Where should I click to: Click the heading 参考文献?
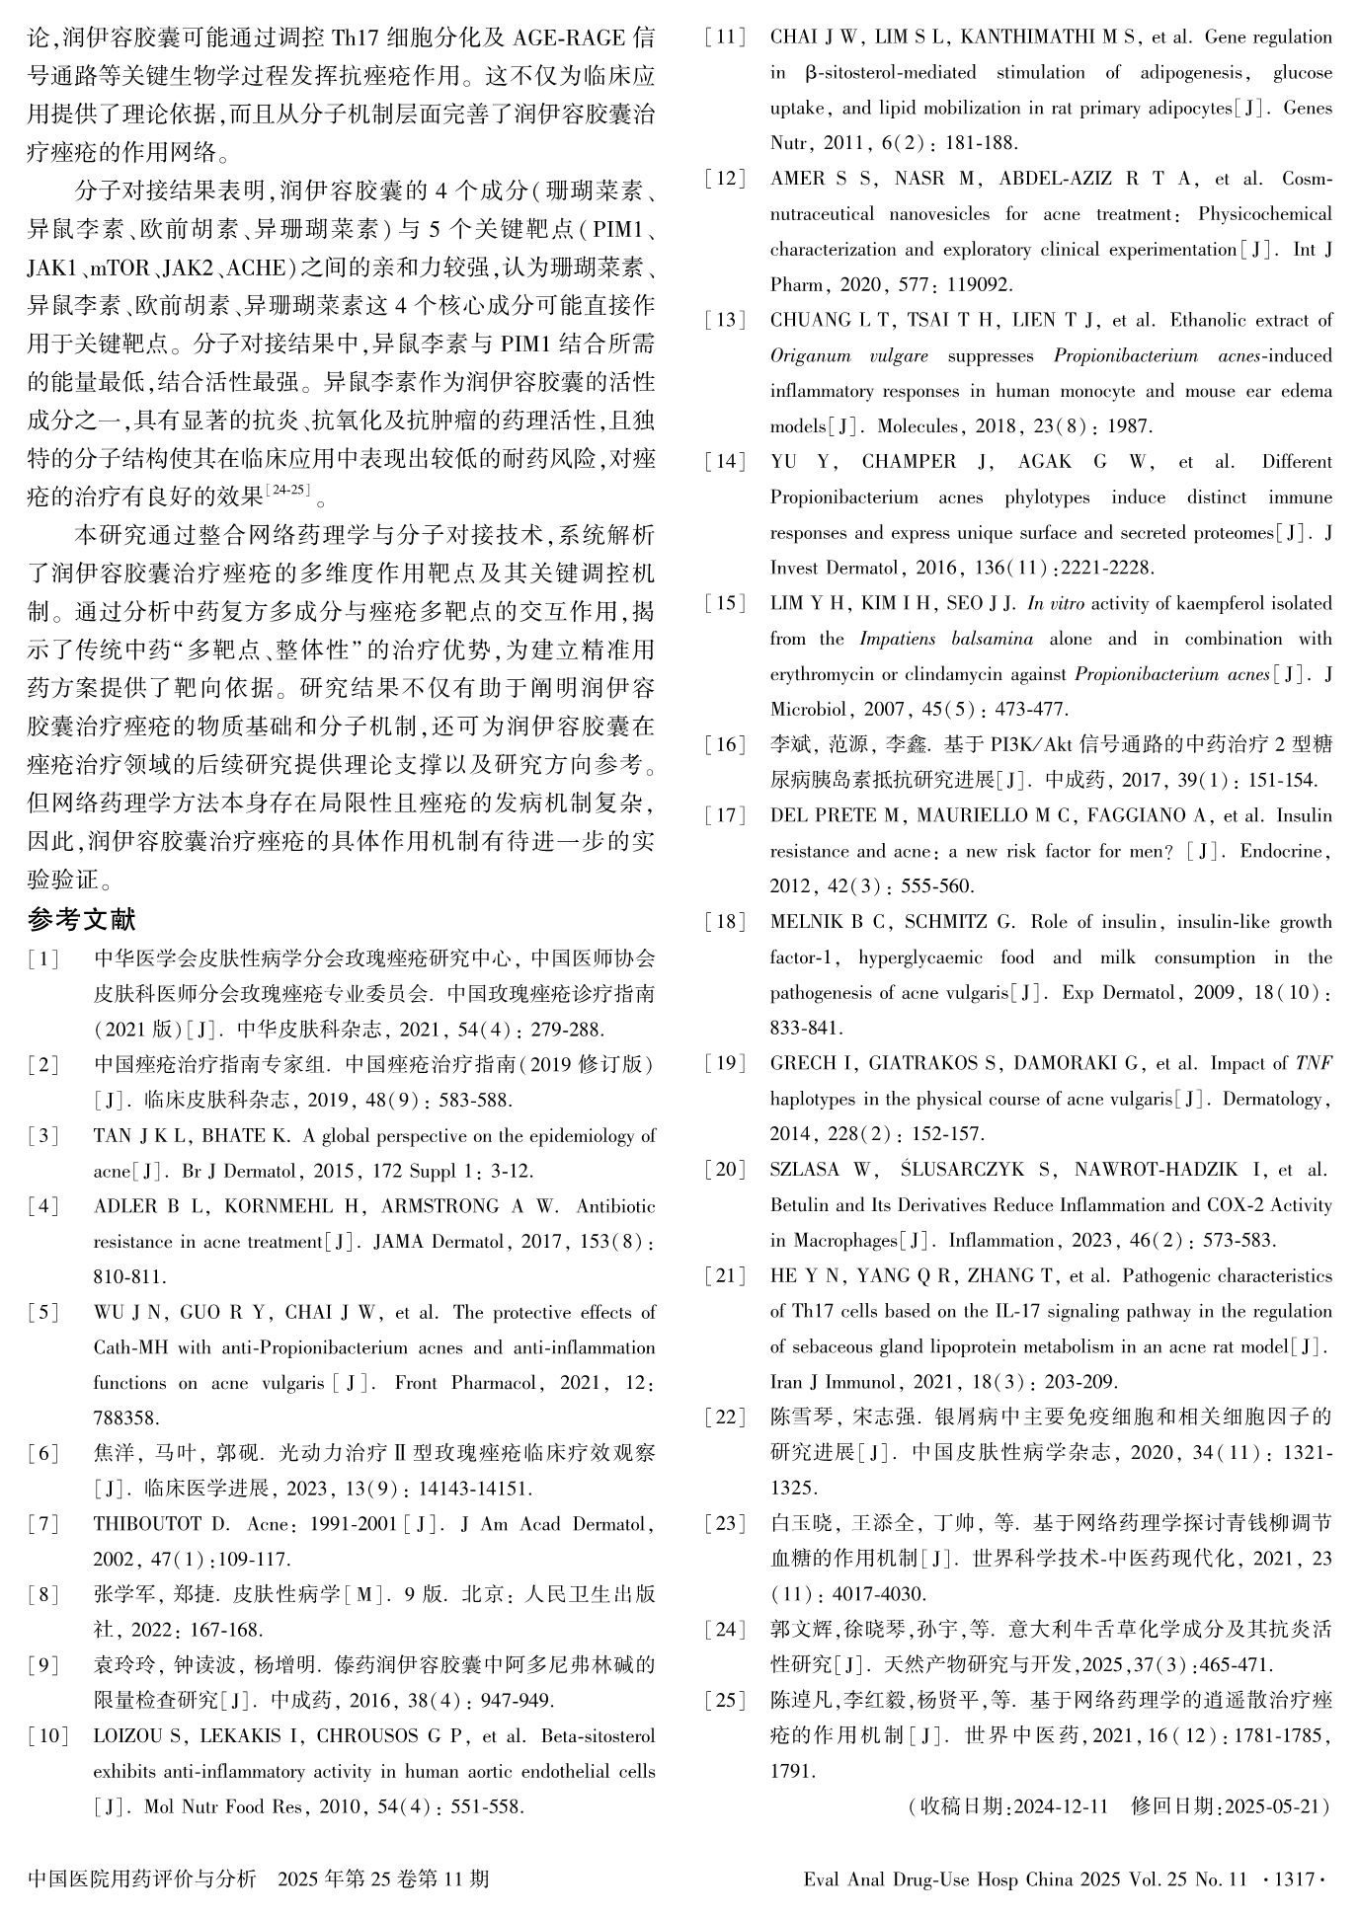coord(81,920)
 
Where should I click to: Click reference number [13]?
coord(726,320)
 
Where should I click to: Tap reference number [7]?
coord(43,1524)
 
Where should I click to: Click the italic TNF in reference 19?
coord(1314,1063)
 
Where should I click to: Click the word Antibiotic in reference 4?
coord(615,1206)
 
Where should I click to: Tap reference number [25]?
coord(726,1701)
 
